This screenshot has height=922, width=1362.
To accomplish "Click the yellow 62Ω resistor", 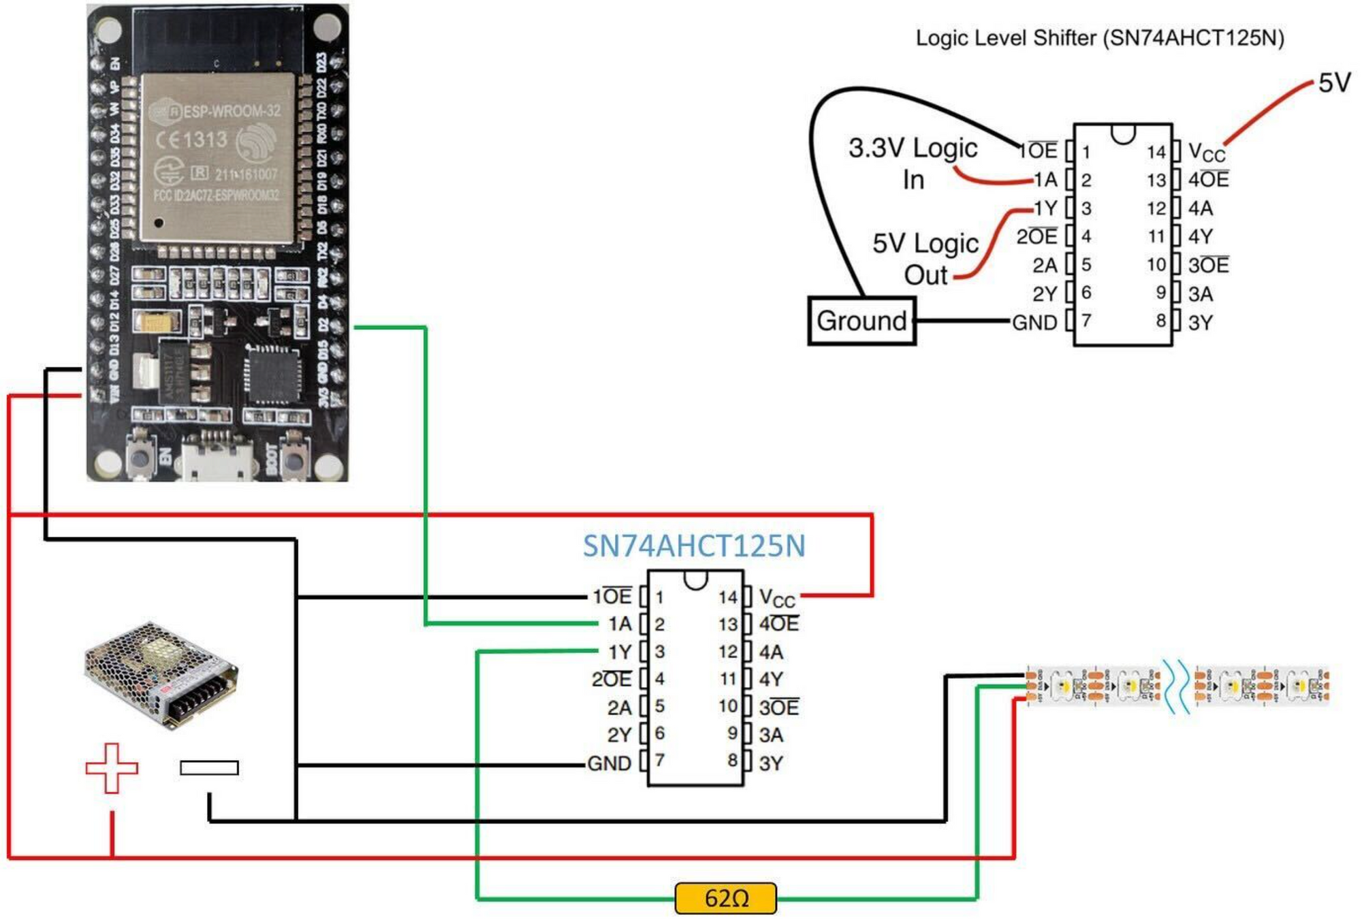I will (725, 898).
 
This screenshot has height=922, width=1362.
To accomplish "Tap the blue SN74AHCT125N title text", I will (694, 546).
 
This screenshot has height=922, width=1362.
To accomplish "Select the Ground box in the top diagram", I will (861, 321).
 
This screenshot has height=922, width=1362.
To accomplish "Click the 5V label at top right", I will (1334, 83).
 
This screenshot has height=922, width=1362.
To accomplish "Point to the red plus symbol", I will (112, 768).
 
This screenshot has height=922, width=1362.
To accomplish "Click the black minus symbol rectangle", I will (209, 768).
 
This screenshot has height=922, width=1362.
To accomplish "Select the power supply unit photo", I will (161, 674).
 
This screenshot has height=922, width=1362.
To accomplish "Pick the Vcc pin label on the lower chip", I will (777, 599).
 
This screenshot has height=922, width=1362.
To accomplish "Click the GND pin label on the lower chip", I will (609, 763).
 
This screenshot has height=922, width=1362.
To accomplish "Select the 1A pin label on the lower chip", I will (620, 624).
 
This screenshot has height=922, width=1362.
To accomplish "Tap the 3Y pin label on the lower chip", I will (771, 763).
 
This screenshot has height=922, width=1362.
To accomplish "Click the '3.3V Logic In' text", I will (913, 163).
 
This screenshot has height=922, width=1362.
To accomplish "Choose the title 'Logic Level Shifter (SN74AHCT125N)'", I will (1099, 38).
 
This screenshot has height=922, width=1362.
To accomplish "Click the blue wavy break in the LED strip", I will (1177, 686).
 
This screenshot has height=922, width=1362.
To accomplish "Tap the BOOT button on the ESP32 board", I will (294, 460).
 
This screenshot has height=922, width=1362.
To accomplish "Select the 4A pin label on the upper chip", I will (1200, 208).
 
